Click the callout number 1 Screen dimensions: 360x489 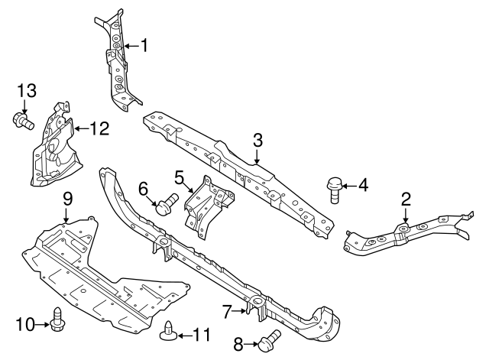coord(144,46)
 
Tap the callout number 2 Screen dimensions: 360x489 coord(406,199)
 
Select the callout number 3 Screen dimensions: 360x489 coord(257,140)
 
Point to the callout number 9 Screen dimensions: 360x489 coord(67,199)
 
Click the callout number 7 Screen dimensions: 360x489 coord(226,311)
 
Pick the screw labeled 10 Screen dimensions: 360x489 coord(57,323)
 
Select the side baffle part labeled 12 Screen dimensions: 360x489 coord(52,149)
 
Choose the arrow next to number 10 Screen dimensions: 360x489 coord(44,324)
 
